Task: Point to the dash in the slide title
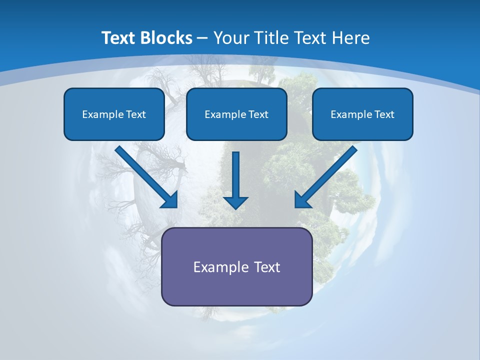coord(202,38)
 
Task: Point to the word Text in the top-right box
coord(384,114)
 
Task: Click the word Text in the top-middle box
coord(258,114)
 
